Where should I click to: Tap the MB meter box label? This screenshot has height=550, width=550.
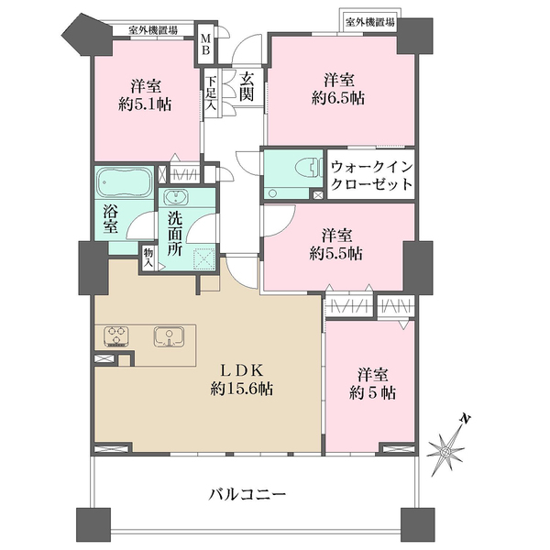coord(206,45)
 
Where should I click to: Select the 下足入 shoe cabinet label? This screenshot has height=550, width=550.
coord(210,93)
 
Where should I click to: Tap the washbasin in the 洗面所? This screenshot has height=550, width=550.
coord(174,197)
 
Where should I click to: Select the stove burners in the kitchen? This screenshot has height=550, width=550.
coord(116,335)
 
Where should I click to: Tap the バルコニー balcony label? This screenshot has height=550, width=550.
coord(247,494)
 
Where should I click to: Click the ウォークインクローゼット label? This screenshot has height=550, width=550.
coord(369,174)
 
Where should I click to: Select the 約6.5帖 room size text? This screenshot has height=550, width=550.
coord(338,98)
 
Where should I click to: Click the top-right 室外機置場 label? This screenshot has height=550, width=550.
coord(370,20)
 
